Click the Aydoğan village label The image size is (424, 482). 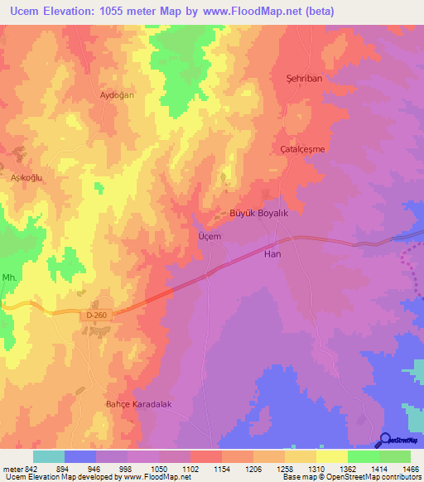click(117, 95)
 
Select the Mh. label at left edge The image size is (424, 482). click(9, 277)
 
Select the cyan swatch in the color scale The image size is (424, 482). click(48, 456)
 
